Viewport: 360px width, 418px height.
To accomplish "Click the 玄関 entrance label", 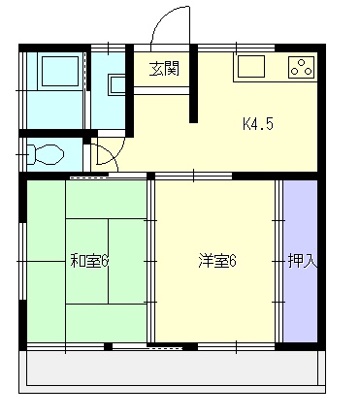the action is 164,69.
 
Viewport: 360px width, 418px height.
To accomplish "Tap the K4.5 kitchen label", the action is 258,123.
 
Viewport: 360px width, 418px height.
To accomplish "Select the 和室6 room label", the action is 89,261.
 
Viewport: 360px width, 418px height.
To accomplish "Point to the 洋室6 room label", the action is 217,261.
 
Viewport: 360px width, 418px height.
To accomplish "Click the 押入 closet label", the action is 303,261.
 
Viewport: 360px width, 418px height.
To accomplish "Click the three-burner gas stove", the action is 302,67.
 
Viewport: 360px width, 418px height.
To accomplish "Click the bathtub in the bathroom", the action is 60,71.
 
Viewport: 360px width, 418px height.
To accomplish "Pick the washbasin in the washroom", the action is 116,85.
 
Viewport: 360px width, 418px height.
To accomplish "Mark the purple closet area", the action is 300,261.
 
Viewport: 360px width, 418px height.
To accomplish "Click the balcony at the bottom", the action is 172,371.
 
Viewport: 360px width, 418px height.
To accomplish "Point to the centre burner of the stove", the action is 301,63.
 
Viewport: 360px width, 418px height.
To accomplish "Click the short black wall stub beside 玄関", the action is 193,83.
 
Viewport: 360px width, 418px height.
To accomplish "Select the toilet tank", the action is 31,154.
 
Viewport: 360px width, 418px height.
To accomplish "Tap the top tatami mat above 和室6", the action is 107,199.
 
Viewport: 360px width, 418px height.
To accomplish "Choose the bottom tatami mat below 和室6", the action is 107,323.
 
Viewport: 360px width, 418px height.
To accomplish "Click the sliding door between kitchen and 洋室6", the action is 193,176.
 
